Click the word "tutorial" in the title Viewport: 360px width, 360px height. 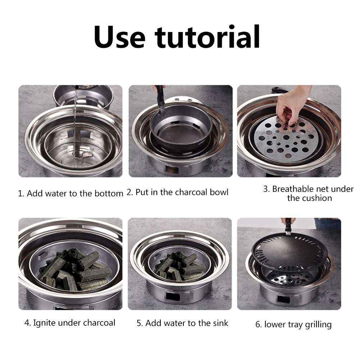point(208,37)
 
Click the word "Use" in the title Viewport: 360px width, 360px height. point(119,37)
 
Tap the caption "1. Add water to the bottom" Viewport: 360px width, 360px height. point(70,193)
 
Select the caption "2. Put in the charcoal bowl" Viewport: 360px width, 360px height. point(177,192)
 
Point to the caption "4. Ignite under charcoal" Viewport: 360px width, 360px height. point(70,323)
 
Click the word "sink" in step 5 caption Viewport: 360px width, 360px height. point(219,323)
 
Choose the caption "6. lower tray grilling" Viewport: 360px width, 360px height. point(293,324)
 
